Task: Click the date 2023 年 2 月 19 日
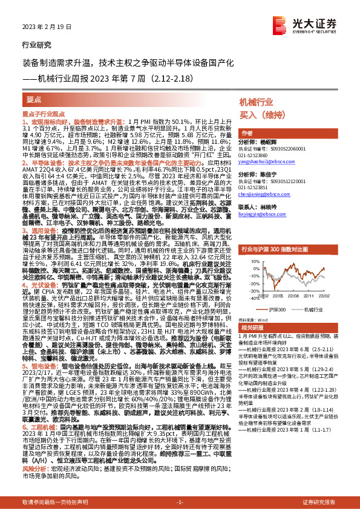click(x=42, y=27)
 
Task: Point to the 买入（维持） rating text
click(x=263, y=115)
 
